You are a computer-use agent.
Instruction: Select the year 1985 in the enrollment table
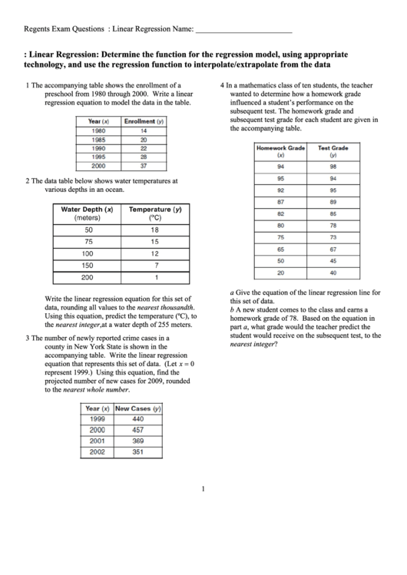click(x=98, y=140)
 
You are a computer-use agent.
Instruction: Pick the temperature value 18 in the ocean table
click(x=154, y=230)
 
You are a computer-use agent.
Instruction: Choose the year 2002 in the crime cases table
click(x=97, y=452)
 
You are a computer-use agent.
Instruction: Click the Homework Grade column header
click(x=280, y=150)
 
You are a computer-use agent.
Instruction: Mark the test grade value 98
click(x=333, y=167)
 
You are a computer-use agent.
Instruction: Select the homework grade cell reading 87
click(x=280, y=202)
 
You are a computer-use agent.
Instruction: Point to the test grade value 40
click(x=333, y=273)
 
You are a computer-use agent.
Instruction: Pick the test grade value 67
click(x=333, y=249)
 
